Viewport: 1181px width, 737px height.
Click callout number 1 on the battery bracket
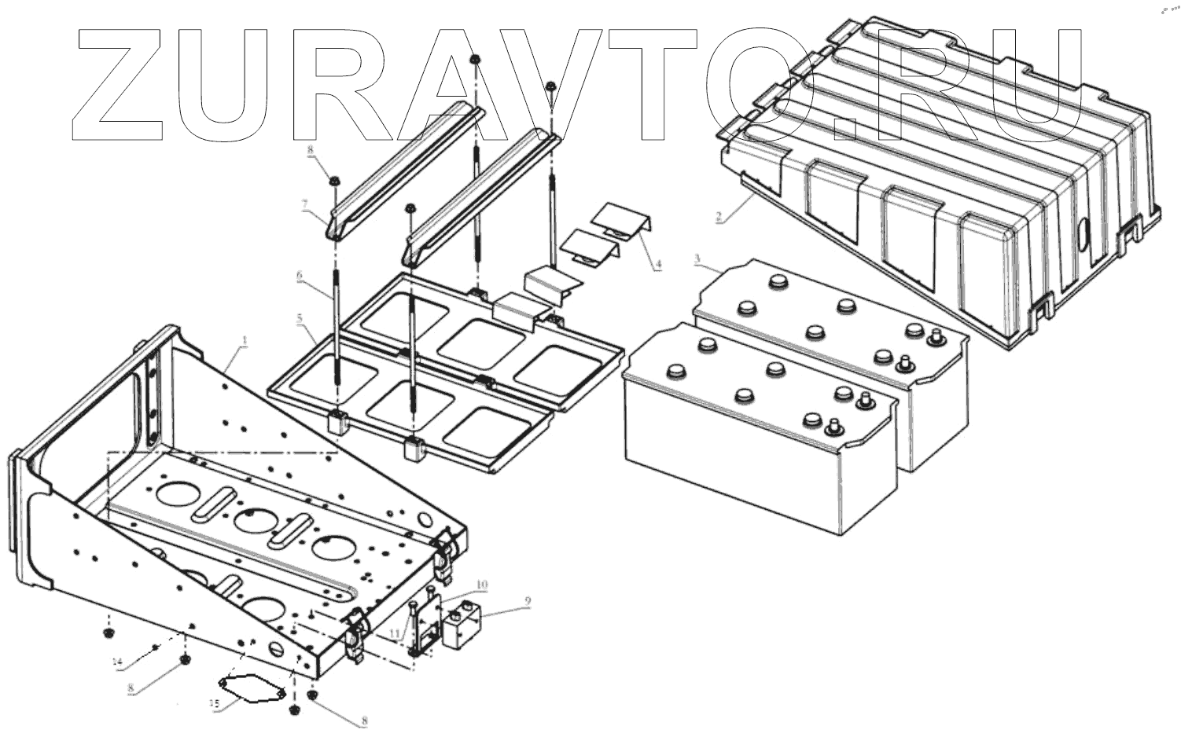point(245,341)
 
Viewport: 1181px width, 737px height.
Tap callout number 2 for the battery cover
point(718,218)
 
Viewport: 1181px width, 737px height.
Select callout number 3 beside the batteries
point(697,258)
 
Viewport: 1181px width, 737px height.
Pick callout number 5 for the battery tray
point(299,318)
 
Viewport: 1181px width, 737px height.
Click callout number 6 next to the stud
point(299,276)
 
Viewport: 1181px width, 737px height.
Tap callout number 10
point(482,585)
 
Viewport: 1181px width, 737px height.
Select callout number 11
point(394,633)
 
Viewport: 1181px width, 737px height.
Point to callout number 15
point(214,705)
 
